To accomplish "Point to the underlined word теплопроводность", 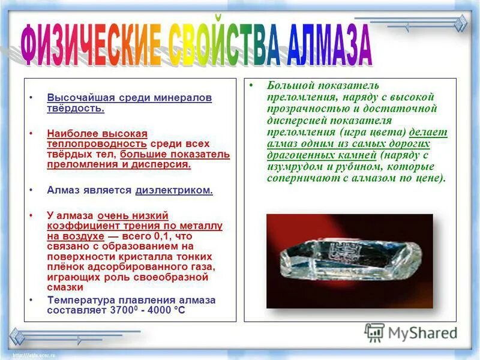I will (97, 145).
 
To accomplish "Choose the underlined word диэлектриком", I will (174, 190).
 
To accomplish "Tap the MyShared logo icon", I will (375, 332).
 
